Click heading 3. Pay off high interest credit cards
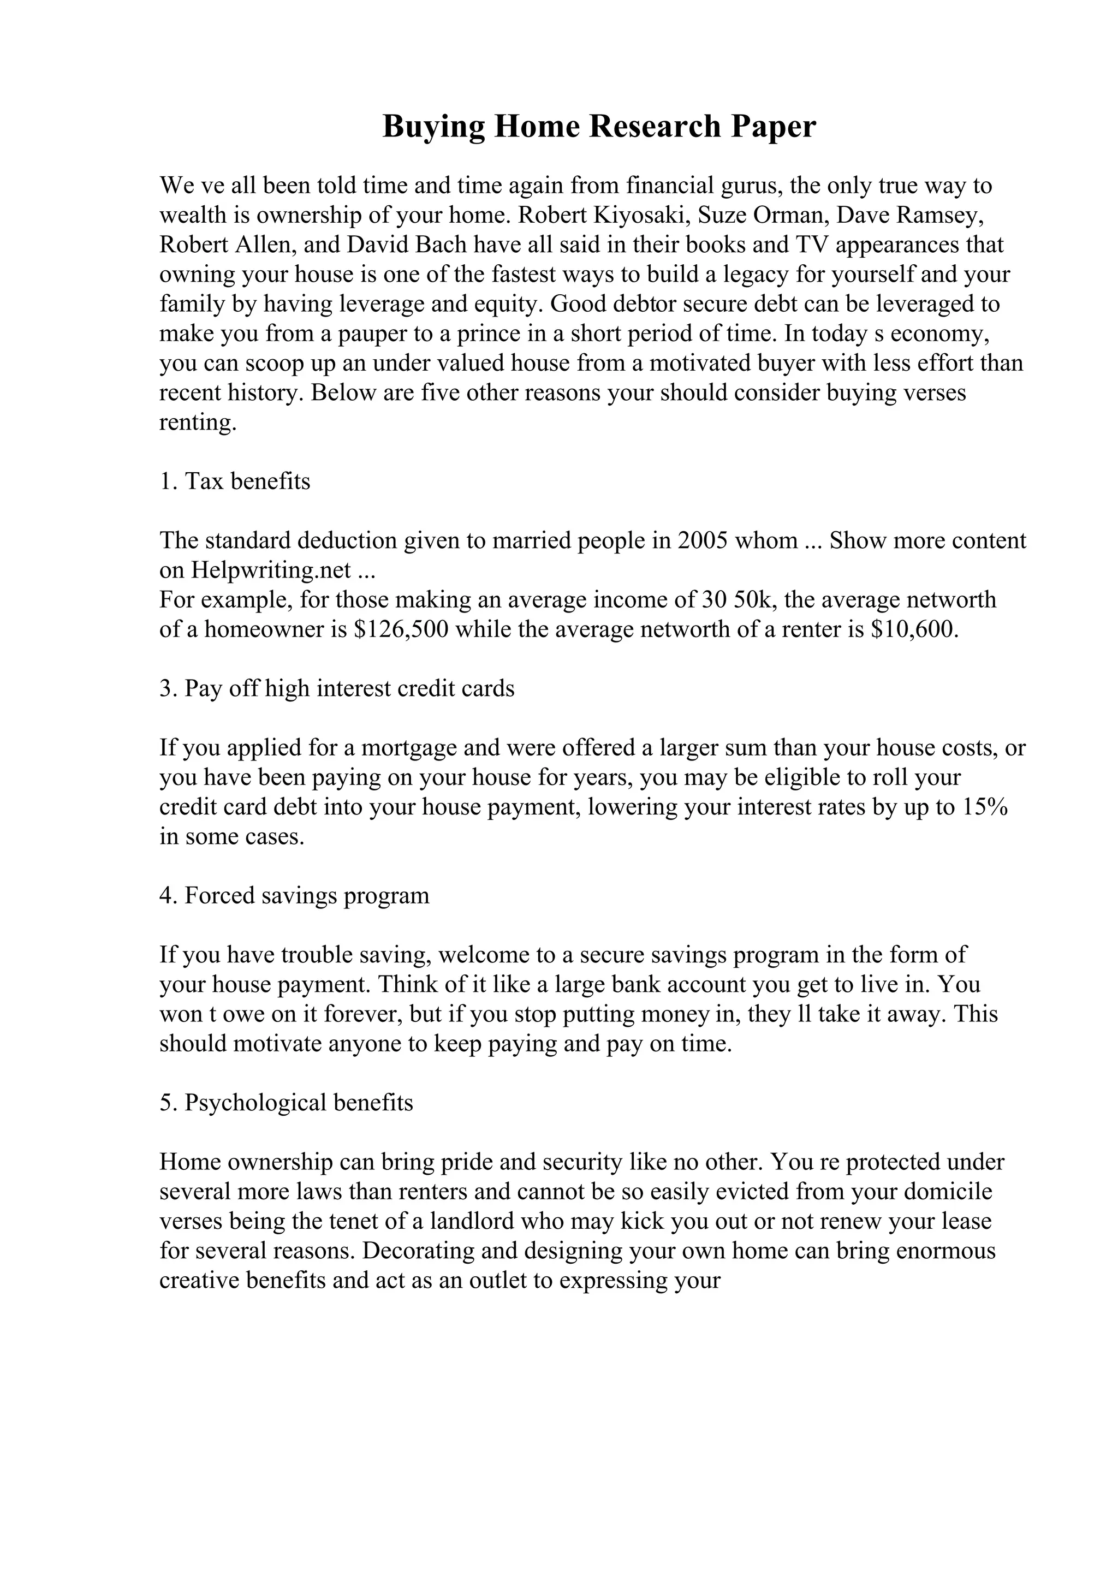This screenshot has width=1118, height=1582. coord(337,689)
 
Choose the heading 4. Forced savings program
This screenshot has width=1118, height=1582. coord(294,896)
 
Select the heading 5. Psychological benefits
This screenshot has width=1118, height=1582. coord(287,1104)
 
